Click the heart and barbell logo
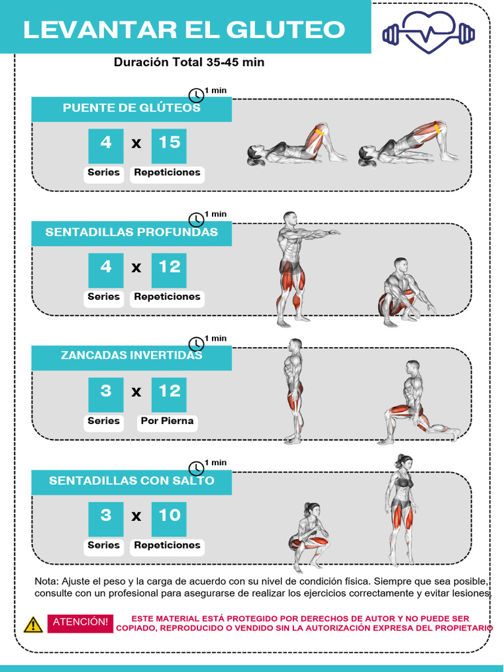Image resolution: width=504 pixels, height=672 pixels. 429,31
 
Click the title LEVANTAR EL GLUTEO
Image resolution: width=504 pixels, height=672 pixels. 184,30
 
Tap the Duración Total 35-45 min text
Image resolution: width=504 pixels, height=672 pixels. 189,62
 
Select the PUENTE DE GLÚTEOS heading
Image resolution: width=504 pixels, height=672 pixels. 131,108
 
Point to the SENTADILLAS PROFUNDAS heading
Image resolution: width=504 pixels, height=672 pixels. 131,232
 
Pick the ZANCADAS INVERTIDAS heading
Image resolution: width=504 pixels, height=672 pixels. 131,356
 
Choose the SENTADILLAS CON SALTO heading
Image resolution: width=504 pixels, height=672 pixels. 131,481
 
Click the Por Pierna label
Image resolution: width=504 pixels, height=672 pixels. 167,421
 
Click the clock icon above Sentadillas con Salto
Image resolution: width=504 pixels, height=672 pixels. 196,468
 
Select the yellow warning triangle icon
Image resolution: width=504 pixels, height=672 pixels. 33,624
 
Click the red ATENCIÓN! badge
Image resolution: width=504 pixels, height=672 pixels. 80,622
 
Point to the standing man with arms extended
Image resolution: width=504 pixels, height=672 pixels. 295,269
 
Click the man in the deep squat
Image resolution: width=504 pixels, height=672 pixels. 404,294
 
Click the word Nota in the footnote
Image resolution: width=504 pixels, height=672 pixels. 45,581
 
